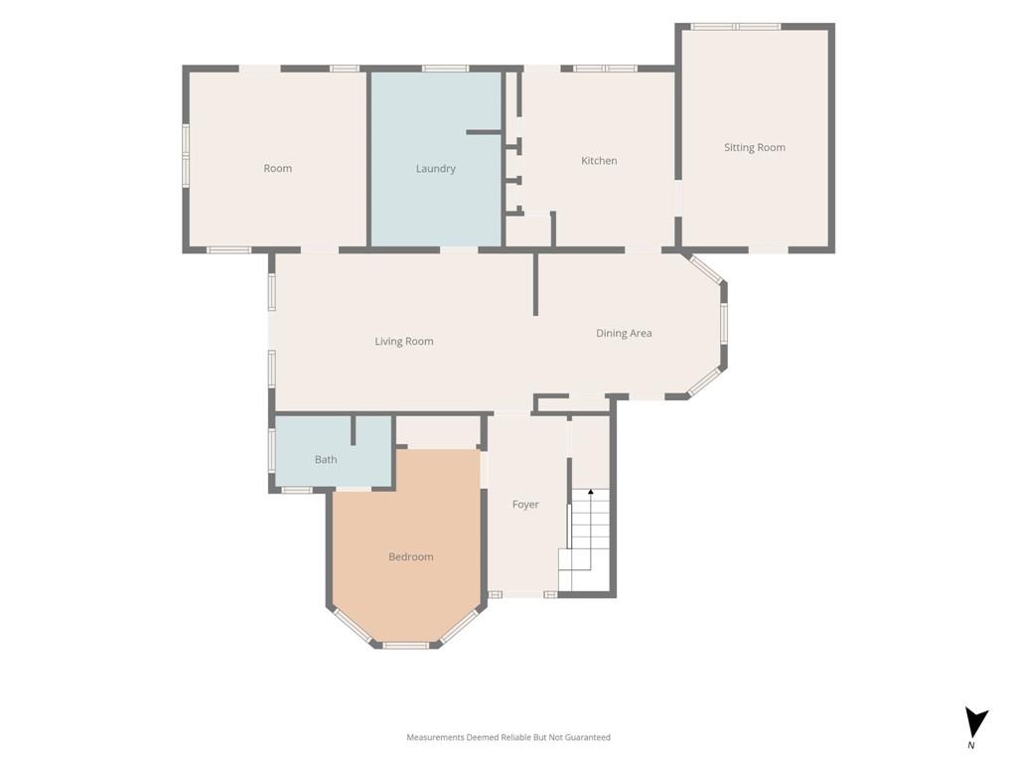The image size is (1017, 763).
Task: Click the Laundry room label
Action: click(x=435, y=169)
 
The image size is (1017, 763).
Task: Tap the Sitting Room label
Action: click(x=755, y=148)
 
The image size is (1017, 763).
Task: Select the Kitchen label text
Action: click(x=599, y=160)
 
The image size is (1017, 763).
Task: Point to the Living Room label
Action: click(x=404, y=342)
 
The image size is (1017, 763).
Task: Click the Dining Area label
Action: click(x=624, y=334)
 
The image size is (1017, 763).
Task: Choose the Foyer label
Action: click(x=525, y=504)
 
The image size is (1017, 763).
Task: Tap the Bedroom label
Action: click(x=410, y=556)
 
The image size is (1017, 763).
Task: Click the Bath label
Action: click(x=326, y=459)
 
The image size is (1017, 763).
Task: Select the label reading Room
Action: click(x=278, y=169)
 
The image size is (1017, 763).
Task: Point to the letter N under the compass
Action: click(x=971, y=745)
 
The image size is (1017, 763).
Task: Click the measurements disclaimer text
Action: click(x=508, y=737)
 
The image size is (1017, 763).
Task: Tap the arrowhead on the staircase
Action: click(x=590, y=492)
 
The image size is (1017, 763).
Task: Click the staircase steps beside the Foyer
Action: click(x=584, y=539)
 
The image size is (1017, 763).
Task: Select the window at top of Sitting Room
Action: click(x=736, y=27)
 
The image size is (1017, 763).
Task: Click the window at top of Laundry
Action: click(x=446, y=69)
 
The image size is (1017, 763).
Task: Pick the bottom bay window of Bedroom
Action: click(x=405, y=646)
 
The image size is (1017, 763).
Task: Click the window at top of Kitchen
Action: click(x=605, y=69)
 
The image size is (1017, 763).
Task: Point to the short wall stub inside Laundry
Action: click(x=484, y=132)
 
